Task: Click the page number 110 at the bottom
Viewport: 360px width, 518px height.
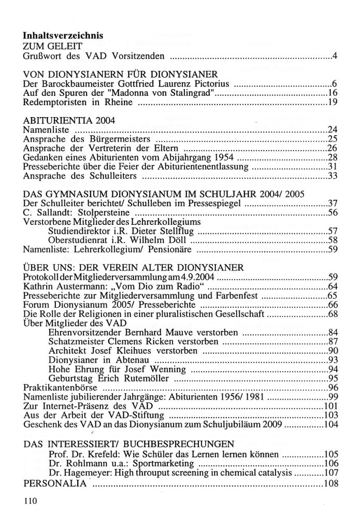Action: pos(31,501)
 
